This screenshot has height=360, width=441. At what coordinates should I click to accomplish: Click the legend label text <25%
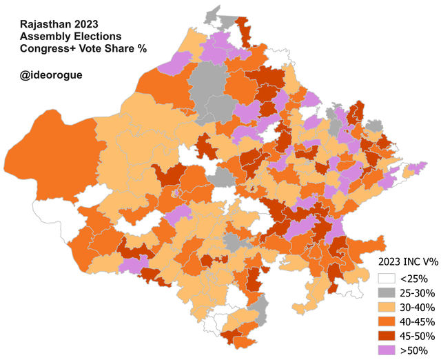[415, 279]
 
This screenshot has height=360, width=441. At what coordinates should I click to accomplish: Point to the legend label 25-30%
[419, 293]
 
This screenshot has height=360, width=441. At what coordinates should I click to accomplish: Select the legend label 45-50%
[419, 336]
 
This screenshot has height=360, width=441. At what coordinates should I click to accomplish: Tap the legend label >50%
[415, 350]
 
